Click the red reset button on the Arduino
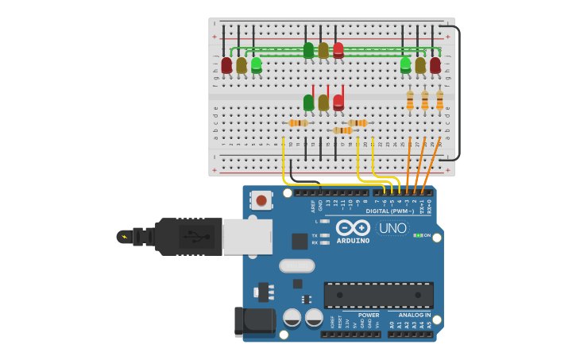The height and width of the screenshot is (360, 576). point(261,200)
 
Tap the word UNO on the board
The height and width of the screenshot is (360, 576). point(392,228)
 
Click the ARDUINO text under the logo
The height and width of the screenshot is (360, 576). point(353,241)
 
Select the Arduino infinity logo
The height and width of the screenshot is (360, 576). point(353,227)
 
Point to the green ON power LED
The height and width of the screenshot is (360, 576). point(417,235)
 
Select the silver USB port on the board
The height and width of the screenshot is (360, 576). point(248,237)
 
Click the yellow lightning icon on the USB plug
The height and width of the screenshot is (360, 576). point(124,237)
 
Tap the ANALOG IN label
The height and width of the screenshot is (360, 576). point(415,315)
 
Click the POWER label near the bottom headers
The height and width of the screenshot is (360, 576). point(369,315)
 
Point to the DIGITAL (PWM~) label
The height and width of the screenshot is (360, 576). point(389,211)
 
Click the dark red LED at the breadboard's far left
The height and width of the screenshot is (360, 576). point(226,64)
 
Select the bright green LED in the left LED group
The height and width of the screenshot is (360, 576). point(257,64)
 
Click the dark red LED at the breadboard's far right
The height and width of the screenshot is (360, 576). point(435,64)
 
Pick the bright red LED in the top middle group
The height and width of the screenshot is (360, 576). point(338,49)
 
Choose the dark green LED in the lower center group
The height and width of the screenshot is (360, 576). point(308,103)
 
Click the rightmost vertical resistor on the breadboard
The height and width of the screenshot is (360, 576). point(439,101)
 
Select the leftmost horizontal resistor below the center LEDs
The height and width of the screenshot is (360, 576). point(299,123)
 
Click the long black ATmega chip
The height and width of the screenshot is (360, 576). point(379,295)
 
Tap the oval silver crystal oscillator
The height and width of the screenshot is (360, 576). point(296,265)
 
